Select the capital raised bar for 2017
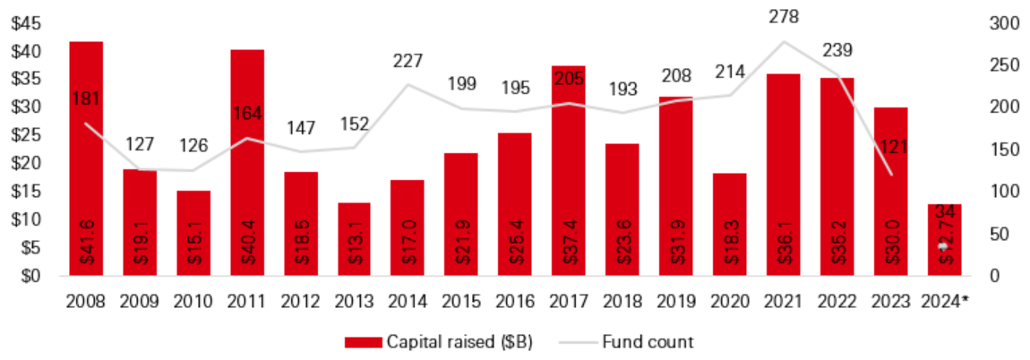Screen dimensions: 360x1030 pyautogui.click(x=569, y=170)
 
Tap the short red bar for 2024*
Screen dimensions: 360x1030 pyautogui.click(x=944, y=239)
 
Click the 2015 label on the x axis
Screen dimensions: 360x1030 pyautogui.click(x=460, y=301)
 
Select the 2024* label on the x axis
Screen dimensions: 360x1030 pyautogui.click(x=947, y=301)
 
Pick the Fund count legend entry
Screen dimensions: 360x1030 pyautogui.click(x=627, y=341)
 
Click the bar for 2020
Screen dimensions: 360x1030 pyautogui.click(x=730, y=224)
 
